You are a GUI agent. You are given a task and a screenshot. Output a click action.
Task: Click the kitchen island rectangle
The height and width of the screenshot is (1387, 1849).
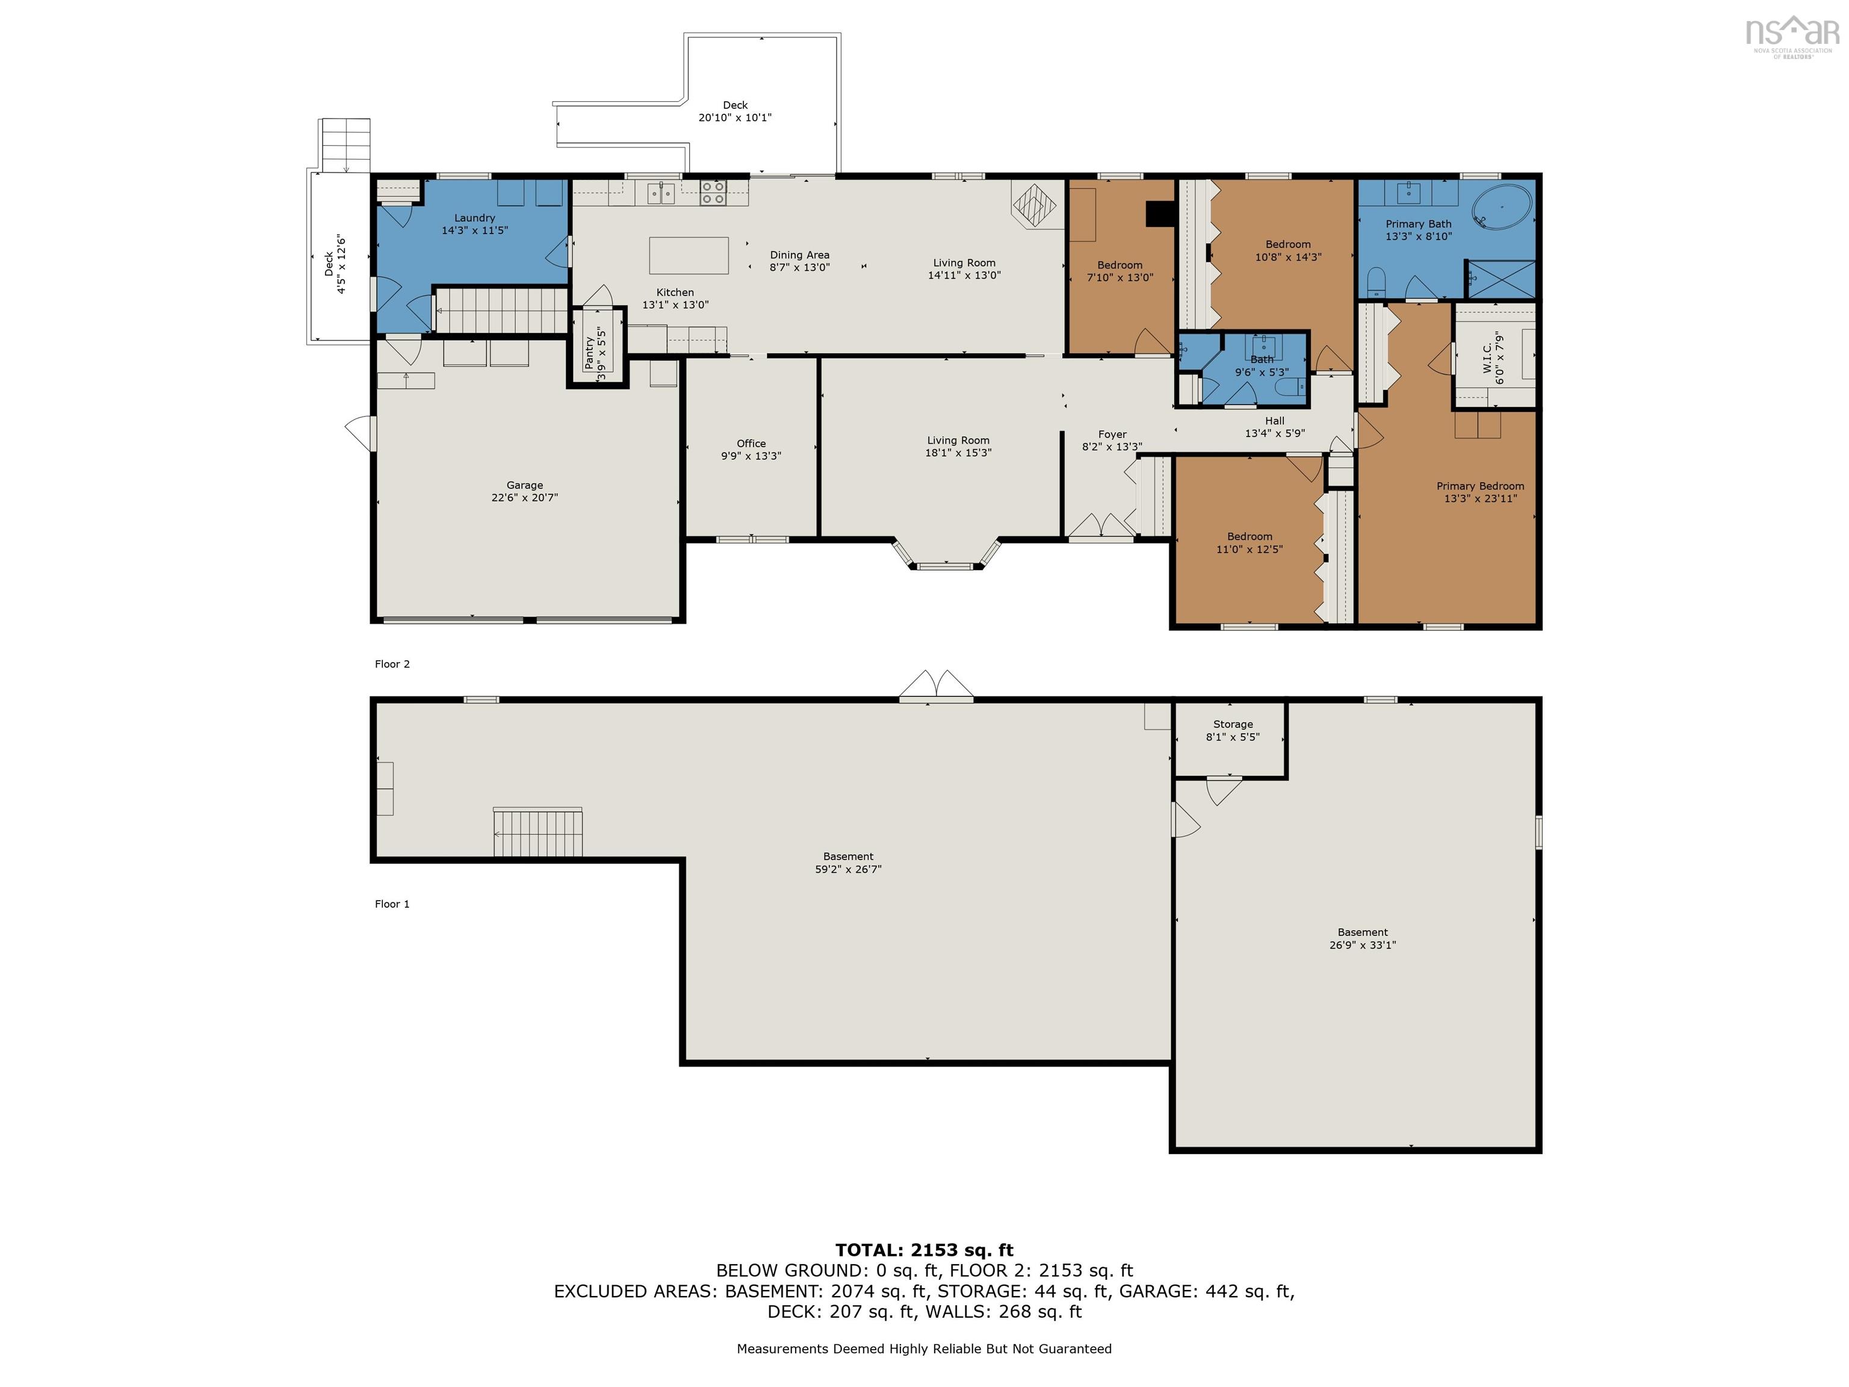click(x=689, y=256)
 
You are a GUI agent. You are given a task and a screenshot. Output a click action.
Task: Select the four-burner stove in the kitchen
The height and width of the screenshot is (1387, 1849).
click(x=713, y=193)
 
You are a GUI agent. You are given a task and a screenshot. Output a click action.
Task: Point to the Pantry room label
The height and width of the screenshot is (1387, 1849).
click(x=589, y=352)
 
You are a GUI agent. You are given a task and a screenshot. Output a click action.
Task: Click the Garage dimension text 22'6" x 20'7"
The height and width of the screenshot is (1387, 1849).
click(x=524, y=497)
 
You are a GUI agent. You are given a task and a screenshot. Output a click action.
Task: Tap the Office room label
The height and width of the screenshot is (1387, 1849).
click(x=751, y=443)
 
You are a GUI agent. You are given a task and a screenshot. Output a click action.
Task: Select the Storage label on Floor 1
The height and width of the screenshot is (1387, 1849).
click(x=1232, y=724)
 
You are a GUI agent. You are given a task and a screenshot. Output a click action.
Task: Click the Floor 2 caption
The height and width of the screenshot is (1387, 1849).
click(x=392, y=664)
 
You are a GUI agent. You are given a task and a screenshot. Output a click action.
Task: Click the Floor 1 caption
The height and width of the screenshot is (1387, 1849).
click(x=392, y=904)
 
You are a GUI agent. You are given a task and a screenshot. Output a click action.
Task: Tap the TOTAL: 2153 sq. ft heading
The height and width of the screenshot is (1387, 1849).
click(x=924, y=1250)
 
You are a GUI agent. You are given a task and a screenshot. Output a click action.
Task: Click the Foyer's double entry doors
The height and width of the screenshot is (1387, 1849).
click(x=1101, y=526)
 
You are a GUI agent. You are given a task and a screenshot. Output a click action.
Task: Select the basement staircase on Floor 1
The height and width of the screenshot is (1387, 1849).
click(x=537, y=832)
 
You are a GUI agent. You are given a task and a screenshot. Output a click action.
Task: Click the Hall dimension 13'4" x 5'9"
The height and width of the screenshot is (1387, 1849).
click(x=1274, y=433)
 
